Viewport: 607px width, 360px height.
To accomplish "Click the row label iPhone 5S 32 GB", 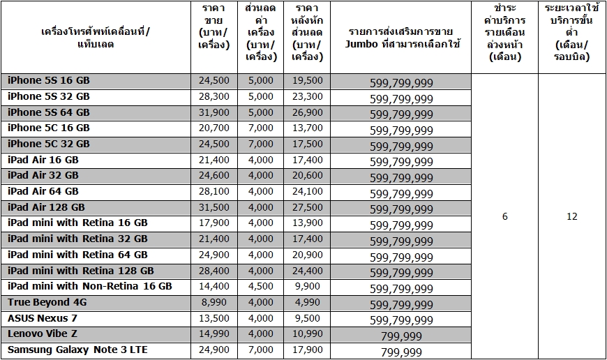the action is coord(49,96).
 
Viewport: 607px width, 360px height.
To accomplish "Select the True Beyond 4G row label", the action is coord(47,302).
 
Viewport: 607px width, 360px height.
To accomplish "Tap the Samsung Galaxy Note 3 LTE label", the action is coord(77,350).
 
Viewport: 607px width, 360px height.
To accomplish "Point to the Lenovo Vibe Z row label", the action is coord(43,333).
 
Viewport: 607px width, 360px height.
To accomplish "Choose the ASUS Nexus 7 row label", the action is coord(43,318).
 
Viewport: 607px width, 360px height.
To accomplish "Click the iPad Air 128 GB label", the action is coord(46,207).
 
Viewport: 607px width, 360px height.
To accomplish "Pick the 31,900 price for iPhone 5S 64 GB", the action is coord(214,112).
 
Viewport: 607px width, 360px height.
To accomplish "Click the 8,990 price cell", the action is coord(214,302).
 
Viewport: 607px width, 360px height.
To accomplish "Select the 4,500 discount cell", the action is coord(260,287).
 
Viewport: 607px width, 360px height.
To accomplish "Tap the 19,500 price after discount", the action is coord(308,80).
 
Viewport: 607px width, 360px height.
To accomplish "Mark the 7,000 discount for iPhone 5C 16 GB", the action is coord(260,128).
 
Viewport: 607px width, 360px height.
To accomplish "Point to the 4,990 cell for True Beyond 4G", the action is coord(308,302).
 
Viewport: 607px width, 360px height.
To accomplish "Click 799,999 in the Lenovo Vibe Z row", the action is coord(401,336).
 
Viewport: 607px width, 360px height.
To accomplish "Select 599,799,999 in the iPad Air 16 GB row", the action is coord(401,162).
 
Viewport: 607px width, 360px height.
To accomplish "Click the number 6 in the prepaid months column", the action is coord(505,216).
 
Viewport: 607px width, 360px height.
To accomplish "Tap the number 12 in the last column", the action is coord(572,216).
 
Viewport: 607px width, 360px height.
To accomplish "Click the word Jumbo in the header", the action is coord(361,44).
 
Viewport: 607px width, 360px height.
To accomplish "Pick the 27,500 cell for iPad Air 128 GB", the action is coord(308,207).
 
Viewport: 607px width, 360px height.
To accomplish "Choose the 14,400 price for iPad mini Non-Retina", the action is coord(214,287).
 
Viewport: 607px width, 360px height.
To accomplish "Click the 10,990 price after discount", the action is coord(308,333).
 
